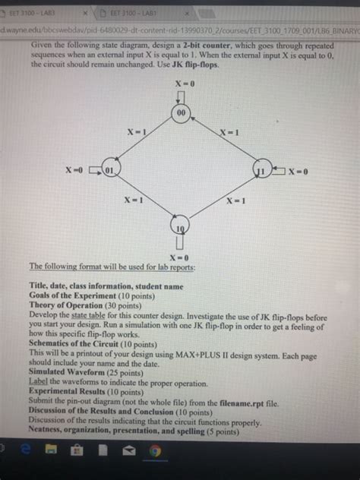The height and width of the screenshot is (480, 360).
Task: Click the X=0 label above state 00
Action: pos(181,83)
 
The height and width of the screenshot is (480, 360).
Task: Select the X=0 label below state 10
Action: pos(181,258)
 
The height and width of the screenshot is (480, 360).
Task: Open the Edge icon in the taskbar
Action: pos(28,452)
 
